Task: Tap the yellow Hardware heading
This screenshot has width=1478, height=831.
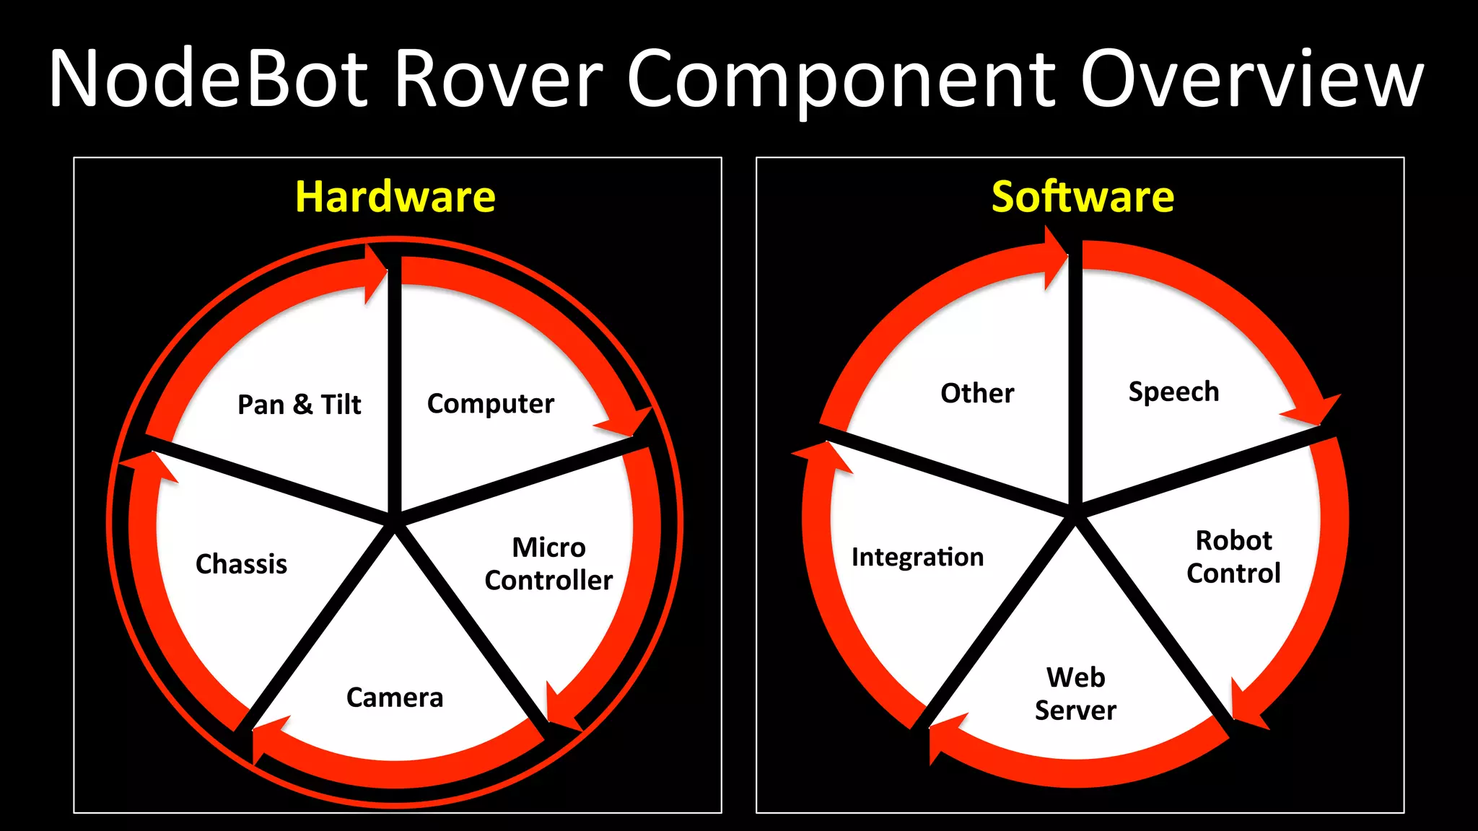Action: click(395, 197)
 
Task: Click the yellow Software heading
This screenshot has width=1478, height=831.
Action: click(1083, 197)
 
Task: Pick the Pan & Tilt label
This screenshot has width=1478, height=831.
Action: click(299, 405)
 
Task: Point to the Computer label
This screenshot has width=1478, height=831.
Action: click(491, 404)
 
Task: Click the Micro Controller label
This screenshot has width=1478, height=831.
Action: click(548, 563)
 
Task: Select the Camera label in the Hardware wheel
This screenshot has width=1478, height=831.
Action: click(395, 698)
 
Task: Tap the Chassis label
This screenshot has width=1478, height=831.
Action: click(241, 564)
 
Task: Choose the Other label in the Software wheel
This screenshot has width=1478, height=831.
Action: click(977, 393)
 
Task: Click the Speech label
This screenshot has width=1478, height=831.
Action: click(1174, 392)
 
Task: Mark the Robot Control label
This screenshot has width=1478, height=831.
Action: click(1233, 557)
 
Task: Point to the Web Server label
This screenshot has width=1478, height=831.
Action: click(1075, 694)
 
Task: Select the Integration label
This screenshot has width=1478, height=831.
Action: click(917, 557)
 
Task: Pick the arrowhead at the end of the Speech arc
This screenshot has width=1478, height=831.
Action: click(1317, 411)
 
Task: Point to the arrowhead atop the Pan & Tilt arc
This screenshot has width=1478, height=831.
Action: click(375, 274)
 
